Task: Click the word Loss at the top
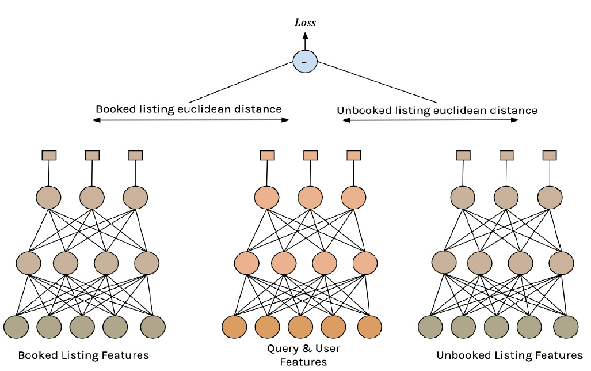point(305,23)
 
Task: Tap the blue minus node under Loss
point(304,61)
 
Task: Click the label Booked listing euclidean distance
point(189,109)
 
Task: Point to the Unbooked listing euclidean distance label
point(437,110)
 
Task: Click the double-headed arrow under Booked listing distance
point(190,120)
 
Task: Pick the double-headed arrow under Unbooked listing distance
point(430,120)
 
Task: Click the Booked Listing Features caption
point(83,355)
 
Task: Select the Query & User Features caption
point(303,355)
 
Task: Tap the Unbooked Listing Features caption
point(510,355)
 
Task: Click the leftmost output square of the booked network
point(49,155)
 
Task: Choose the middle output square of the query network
point(311,155)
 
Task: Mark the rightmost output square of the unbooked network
point(550,155)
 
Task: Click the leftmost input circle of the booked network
point(16,327)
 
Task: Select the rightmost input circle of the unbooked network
point(566,327)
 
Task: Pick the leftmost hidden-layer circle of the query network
point(246,263)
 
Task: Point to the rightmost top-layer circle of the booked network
point(135,197)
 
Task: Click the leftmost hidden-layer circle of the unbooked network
point(444,263)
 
